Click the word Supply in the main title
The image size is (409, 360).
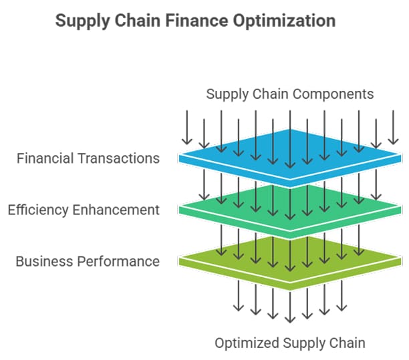coord(83,21)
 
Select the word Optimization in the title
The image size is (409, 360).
coord(284,21)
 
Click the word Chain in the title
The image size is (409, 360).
coord(138,20)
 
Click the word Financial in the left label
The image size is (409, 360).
coord(45,158)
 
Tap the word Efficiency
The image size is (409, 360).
coord(38,210)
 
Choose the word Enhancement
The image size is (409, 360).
coord(116,210)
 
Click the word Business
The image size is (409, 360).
coord(44,261)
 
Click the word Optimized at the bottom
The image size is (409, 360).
coord(247,343)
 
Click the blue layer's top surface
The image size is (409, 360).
coord(290,154)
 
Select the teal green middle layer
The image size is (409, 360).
coord(290,208)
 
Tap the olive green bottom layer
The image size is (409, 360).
coord(290,260)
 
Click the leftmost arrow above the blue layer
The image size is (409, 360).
coord(186,128)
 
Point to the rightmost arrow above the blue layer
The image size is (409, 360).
coord(393,128)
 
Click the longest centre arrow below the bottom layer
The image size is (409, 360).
coord(290,307)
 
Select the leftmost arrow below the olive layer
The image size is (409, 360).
coord(239,296)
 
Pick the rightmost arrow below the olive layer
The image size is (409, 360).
coord(342,296)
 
